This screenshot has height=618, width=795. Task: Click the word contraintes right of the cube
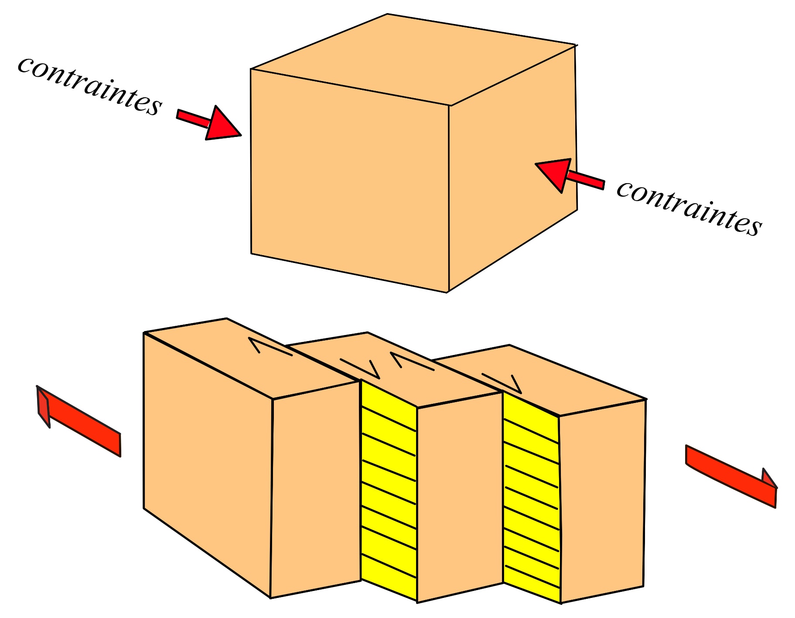[689, 208]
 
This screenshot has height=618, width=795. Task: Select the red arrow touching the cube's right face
[567, 174]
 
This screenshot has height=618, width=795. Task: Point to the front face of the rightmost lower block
[602, 502]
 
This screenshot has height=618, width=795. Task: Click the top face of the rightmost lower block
[567, 379]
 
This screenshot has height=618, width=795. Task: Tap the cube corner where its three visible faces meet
[450, 106]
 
